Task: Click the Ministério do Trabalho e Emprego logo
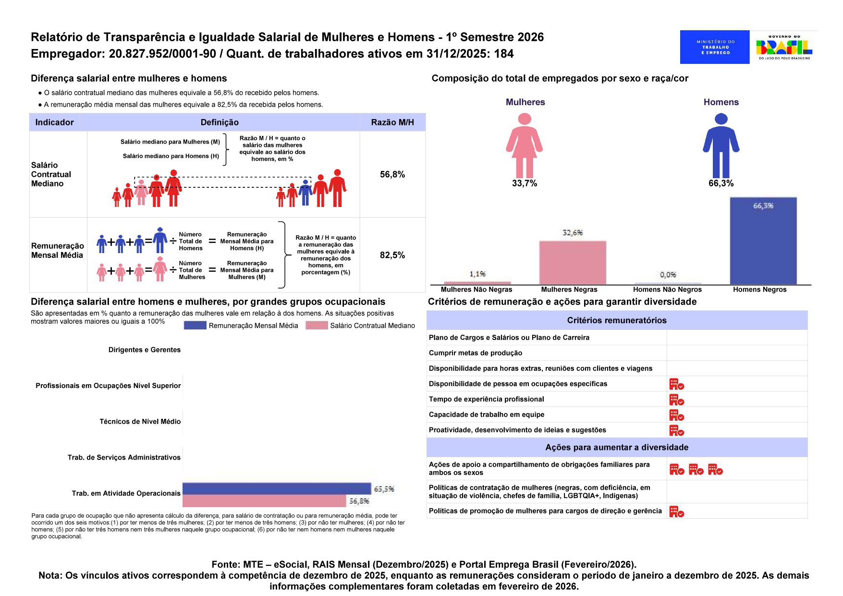[714, 47]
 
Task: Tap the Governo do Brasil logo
[784, 47]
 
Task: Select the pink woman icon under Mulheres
[524, 145]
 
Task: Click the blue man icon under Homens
[721, 145]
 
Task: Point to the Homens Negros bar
[763, 241]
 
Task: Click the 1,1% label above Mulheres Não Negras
[477, 274]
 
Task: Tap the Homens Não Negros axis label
[667, 290]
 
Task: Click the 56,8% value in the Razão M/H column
[392, 174]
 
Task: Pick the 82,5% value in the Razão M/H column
[392, 255]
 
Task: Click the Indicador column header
[54, 122]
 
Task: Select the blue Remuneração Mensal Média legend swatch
[195, 326]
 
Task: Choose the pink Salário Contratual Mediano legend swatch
[317, 326]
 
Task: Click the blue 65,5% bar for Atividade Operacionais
[277, 489]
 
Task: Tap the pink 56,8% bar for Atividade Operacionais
[264, 501]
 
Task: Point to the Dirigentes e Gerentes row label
[144, 350]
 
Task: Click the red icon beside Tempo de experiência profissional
[676, 400]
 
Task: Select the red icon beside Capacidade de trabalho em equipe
[676, 415]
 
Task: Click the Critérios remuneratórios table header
[616, 320]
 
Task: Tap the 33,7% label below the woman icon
[524, 183]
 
